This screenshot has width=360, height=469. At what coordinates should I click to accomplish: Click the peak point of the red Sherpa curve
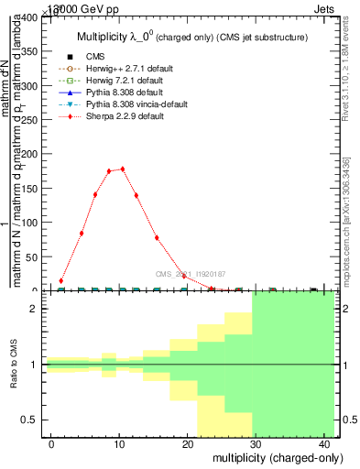pos(123,169)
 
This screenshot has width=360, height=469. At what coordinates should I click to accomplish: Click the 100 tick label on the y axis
pos(29,223)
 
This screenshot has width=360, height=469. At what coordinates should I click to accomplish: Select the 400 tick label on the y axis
pos(29,17)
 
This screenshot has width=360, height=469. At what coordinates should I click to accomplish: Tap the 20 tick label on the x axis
pos(189,443)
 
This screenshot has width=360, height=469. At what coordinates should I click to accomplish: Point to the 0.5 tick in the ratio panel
pos(32,420)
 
